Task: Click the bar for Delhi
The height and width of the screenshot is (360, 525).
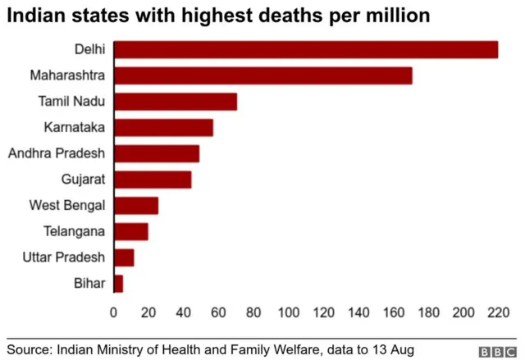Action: coord(306,50)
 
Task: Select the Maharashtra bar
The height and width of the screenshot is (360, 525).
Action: coord(263,76)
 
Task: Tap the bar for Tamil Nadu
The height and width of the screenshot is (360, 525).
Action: coord(176,102)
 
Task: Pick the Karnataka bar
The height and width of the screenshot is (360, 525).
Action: coord(163,128)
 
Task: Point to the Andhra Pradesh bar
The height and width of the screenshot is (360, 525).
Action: coord(157,153)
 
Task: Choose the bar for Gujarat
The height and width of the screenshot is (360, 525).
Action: coord(153,180)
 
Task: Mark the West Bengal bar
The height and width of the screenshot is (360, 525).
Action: coord(136,206)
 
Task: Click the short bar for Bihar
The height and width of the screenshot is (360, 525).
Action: coord(118,284)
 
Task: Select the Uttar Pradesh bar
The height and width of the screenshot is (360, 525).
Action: coord(124,257)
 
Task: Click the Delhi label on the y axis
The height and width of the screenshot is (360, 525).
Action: coord(89,50)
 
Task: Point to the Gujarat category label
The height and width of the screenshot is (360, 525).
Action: coord(83,180)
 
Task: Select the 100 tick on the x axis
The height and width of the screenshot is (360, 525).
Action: coord(288,312)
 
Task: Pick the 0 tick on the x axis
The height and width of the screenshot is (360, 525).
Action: coord(114,312)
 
